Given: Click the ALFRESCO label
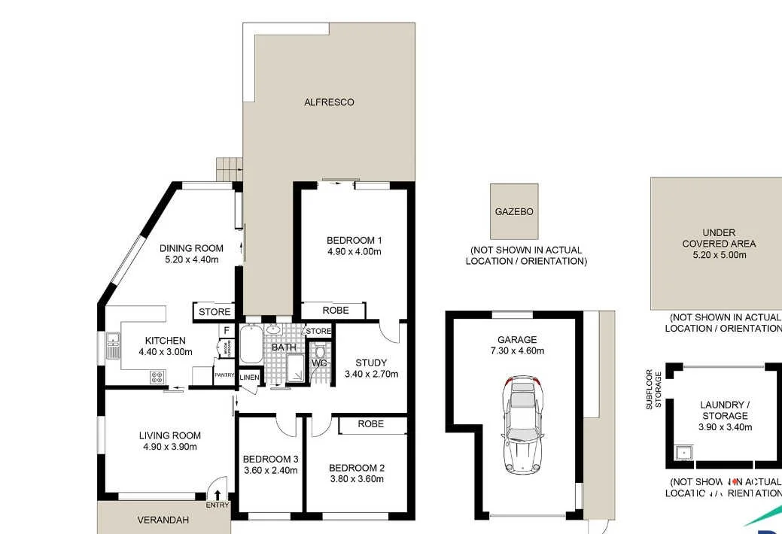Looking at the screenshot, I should tap(329, 102).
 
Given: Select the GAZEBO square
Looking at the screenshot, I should tap(514, 211).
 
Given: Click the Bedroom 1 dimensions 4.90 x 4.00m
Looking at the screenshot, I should tap(354, 251).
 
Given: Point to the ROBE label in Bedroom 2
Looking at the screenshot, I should tap(370, 424).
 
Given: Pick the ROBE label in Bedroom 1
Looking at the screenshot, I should tap(335, 310).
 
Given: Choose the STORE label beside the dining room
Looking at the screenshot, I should tap(215, 311).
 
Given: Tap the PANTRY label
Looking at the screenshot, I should tap(224, 375).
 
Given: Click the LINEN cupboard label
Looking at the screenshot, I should tap(249, 377).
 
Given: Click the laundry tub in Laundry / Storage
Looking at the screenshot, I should tap(682, 453).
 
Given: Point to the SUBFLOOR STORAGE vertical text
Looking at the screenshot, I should tap(654, 388).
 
